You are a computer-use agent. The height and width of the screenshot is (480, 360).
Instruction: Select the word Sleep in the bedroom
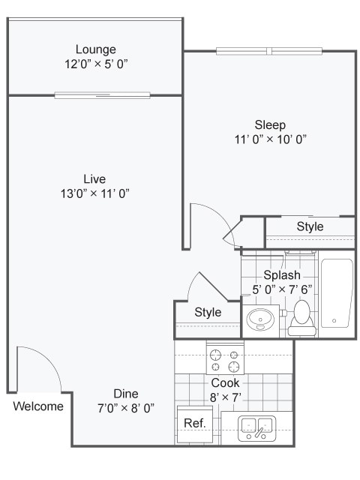click(270, 124)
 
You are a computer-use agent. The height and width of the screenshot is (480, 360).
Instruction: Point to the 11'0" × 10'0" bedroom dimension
click(270, 139)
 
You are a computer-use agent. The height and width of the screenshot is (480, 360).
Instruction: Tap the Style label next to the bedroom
click(310, 226)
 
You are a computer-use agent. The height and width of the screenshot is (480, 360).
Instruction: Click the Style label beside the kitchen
click(208, 312)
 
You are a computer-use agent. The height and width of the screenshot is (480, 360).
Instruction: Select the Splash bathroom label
click(281, 276)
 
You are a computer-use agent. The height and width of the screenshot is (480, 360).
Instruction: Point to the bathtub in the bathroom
click(336, 293)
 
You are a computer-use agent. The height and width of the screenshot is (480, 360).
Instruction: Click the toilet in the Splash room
click(301, 316)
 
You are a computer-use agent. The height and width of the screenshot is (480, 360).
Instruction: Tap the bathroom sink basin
click(260, 318)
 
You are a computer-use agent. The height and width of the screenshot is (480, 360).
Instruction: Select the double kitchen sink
click(256, 429)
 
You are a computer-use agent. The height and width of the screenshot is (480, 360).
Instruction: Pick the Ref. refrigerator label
click(194, 423)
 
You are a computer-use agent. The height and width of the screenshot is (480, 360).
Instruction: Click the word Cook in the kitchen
click(225, 382)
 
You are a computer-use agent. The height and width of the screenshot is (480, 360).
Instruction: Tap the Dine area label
click(126, 394)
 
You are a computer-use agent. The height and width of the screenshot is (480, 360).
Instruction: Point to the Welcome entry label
click(38, 406)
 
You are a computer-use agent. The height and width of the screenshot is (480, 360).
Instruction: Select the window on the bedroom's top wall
click(269, 51)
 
